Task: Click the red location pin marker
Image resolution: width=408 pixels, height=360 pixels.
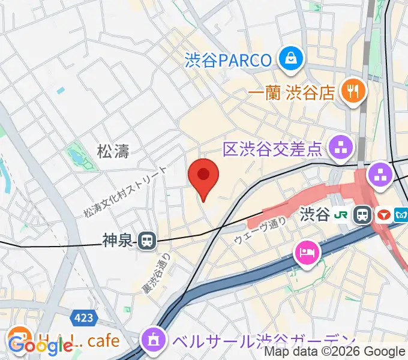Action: [x=203, y=176]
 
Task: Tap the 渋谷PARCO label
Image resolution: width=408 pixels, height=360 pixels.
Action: [x=229, y=60]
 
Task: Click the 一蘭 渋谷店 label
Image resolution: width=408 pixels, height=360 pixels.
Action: [x=291, y=92]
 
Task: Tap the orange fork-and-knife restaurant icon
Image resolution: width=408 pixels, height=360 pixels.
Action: [x=350, y=91]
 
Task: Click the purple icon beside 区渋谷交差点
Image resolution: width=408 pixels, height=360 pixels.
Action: [x=342, y=148]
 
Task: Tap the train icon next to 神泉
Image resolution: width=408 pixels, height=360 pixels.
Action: [x=146, y=241]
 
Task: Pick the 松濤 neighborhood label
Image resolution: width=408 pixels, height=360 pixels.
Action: [x=113, y=151]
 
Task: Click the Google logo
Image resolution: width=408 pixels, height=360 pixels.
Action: [x=39, y=345]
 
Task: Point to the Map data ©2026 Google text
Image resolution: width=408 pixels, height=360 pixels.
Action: [x=334, y=352]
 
